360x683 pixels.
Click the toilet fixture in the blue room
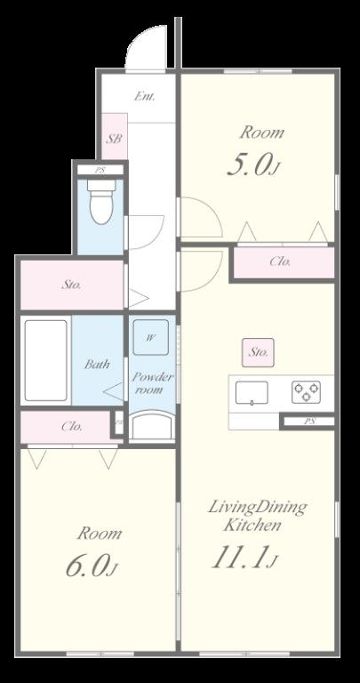(x=101, y=201)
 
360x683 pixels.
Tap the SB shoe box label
(x=114, y=139)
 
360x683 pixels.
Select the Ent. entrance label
(x=144, y=96)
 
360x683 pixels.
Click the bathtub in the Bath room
(x=45, y=360)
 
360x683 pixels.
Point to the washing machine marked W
(x=150, y=338)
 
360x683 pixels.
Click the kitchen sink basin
(x=252, y=392)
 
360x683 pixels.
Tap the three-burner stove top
(x=306, y=392)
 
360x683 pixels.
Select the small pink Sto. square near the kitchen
(x=258, y=352)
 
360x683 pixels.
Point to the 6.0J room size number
(x=92, y=566)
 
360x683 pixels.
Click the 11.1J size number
(x=244, y=558)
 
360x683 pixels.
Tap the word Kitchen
(x=252, y=526)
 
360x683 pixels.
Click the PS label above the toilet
(x=100, y=171)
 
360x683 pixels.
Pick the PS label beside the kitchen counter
(x=309, y=422)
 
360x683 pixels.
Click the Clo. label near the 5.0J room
(x=281, y=261)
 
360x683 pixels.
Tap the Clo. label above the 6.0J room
(x=72, y=427)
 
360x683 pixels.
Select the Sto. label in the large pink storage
(x=72, y=285)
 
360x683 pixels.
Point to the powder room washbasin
(x=152, y=426)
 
